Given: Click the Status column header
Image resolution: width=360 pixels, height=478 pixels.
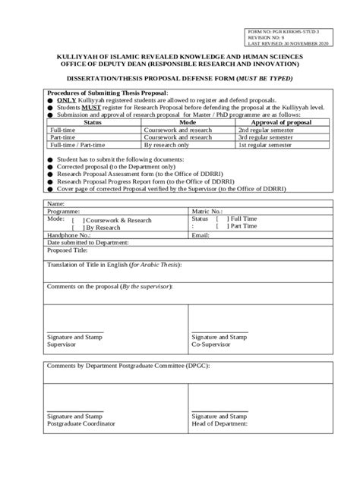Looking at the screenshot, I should point(93,121).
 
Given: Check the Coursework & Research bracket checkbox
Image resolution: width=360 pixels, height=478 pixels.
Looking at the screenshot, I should point(78,220).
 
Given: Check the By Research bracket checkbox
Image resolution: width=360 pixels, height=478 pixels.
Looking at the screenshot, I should point(78,228).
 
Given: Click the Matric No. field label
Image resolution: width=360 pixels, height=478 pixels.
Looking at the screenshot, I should point(207,212).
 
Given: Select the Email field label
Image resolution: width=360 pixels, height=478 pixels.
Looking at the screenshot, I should point(201,235).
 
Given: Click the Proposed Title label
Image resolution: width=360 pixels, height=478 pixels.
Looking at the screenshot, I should point(68,250).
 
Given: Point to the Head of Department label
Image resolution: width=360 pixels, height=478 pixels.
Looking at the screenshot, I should point(219,424).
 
